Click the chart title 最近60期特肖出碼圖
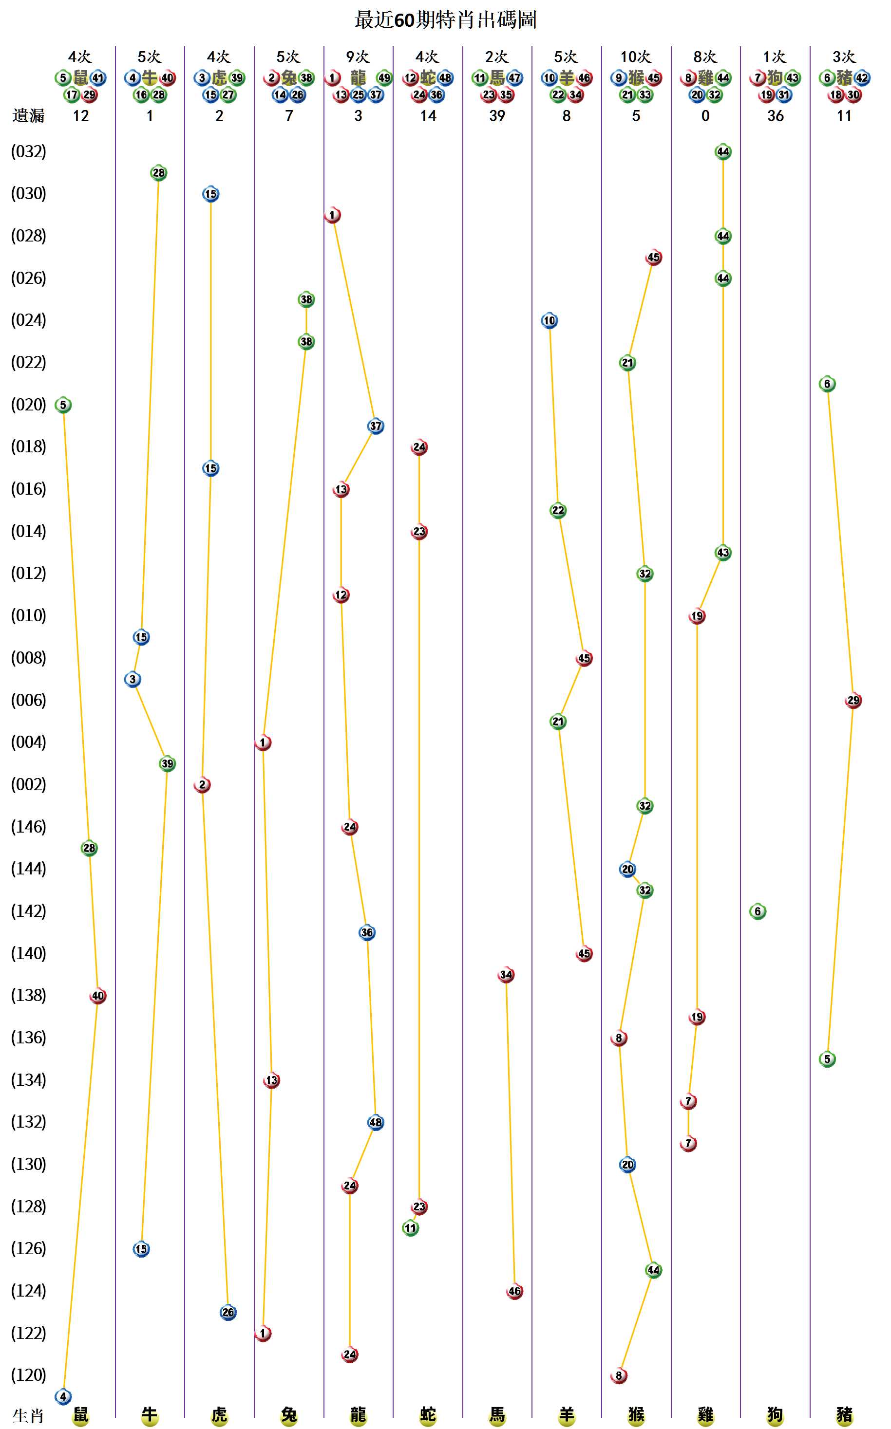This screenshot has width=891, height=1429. pos(445,20)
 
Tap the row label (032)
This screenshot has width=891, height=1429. pos(28,152)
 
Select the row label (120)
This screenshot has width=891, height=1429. pos(28,1375)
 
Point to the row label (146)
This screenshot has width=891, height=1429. pos(28,827)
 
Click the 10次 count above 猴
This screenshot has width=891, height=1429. pos(635,57)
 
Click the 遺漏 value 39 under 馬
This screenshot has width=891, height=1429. pos(497,116)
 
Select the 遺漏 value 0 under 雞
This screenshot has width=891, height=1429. pos(705,116)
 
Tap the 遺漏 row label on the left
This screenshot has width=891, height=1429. pos(28,116)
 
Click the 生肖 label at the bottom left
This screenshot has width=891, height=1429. pos(28,1416)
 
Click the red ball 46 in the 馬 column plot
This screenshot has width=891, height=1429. pos(514,1291)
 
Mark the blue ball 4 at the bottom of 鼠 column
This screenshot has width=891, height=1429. pos(63,1396)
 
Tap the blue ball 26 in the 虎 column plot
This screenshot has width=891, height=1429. pos(228,1313)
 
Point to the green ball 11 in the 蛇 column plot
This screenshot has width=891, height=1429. pos(411,1228)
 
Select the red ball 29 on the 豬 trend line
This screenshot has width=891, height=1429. pos(853,701)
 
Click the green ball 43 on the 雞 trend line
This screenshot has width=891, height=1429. pos(722,553)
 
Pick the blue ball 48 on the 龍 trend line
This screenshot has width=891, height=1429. pos(376,1123)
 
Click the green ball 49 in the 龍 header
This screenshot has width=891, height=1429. pos(384,78)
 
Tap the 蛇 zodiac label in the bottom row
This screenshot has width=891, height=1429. pos(428,1415)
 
